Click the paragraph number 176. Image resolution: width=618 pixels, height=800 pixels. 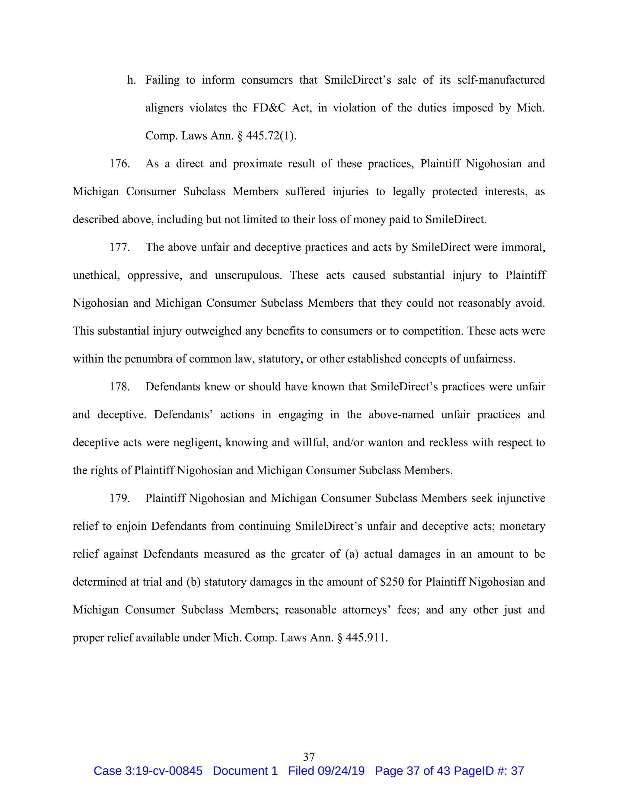[119, 164]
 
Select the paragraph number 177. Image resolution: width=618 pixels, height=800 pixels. [119, 247]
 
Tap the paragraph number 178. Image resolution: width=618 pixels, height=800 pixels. [119, 387]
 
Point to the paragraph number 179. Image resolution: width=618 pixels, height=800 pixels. [119, 498]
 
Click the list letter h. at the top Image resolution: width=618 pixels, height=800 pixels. [132, 80]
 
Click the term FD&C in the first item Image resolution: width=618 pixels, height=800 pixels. [269, 108]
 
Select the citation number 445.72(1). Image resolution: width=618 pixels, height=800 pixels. [271, 136]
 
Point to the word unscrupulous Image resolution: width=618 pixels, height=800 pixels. [248, 275]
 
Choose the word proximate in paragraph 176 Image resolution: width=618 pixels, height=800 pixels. [257, 164]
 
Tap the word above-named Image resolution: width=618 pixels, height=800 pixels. [401, 415]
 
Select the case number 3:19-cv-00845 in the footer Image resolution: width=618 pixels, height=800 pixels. [164, 771]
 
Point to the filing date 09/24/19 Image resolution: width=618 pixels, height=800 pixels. [341, 771]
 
